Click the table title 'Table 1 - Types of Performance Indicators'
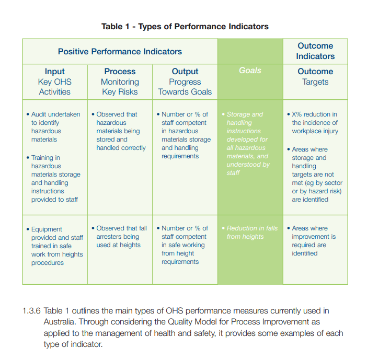tap(185, 26)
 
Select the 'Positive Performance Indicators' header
tap(120, 51)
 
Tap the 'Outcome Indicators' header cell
tap(315, 51)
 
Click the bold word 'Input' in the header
tap(54, 72)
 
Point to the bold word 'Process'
tap(120, 72)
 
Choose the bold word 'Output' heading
tap(185, 72)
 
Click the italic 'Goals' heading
tap(250, 71)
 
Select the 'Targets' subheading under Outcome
tap(315, 82)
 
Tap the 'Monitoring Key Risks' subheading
tap(120, 87)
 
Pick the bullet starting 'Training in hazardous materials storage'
tap(55, 178)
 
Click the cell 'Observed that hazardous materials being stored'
tap(120, 131)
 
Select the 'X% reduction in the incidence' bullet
tap(314, 123)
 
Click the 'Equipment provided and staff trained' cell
tap(55, 246)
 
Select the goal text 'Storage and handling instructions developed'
tap(248, 144)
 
